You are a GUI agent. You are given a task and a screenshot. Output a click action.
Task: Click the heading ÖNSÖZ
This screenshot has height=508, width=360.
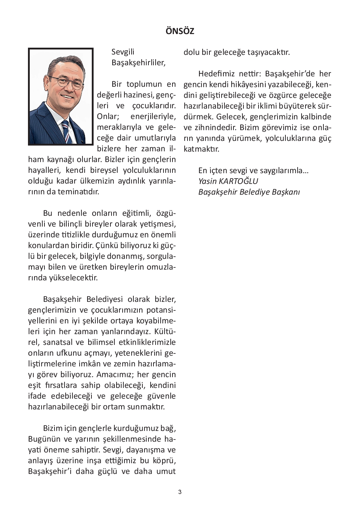pos(180,31)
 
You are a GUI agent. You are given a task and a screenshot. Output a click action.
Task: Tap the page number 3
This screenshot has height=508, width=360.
pos(180,492)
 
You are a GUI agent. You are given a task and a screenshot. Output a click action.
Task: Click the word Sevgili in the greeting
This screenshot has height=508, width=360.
pos(123,52)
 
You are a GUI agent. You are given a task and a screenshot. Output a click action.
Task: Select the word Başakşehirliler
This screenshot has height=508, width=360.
pos(138,63)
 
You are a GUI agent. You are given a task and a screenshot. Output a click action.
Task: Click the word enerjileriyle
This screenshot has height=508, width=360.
pos(153,117)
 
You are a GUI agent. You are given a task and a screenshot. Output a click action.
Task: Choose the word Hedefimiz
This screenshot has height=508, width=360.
pos(216,74)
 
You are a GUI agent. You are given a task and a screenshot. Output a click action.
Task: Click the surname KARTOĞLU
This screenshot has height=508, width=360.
pos(238,181)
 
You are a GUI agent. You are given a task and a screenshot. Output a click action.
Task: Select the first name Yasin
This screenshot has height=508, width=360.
pos(207,181)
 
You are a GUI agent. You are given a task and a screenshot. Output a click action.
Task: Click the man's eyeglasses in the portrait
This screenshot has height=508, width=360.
pos(67,82)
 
